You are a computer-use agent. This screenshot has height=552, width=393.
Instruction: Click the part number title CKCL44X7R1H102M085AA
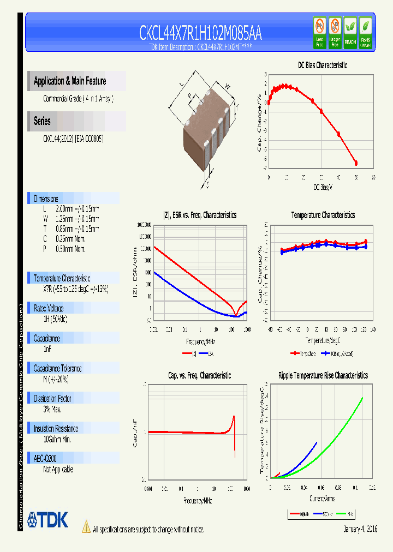tap(200, 34)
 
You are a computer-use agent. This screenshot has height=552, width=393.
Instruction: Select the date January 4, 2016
tap(360, 529)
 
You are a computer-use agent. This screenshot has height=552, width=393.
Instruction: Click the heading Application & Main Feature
tap(70, 81)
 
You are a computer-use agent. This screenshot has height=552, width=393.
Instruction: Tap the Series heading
tap(42, 121)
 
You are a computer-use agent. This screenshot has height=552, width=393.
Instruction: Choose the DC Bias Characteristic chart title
tap(322, 65)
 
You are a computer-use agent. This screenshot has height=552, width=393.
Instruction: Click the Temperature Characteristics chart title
tap(323, 215)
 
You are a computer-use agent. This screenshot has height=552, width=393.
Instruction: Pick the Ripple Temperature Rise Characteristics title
tap(323, 375)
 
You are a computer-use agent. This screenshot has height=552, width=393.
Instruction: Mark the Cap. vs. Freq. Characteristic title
tap(199, 375)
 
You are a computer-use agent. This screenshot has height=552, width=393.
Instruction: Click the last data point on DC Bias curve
tap(356, 163)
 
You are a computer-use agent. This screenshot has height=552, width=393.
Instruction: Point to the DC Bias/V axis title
tap(323, 187)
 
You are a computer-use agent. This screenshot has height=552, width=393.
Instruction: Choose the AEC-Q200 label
tap(45, 459)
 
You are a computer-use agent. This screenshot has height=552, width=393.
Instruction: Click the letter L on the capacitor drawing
tap(182, 84)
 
